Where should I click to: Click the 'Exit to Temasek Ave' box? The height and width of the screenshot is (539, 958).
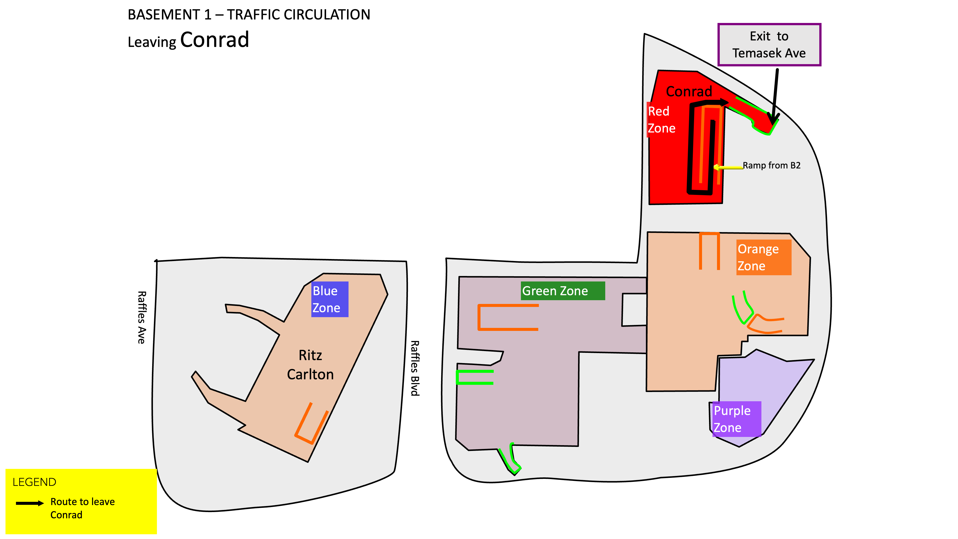[x=769, y=45]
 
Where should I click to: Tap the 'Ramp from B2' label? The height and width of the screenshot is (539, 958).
[x=771, y=165]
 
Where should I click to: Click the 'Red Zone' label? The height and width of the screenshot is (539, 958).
[x=661, y=120]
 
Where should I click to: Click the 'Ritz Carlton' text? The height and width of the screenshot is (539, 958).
[x=310, y=365]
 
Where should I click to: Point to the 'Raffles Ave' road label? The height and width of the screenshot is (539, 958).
[x=142, y=317]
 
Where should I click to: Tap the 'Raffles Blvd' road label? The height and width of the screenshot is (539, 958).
[x=415, y=368]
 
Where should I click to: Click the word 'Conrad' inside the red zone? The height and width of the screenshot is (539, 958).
[x=689, y=92]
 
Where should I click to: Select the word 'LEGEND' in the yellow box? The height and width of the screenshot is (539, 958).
[x=34, y=482]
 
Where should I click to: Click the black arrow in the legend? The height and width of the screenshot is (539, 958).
[x=30, y=503]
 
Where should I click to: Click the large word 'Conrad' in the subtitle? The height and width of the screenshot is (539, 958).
[x=215, y=40]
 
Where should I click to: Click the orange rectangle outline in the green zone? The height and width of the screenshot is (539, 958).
[x=479, y=317]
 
